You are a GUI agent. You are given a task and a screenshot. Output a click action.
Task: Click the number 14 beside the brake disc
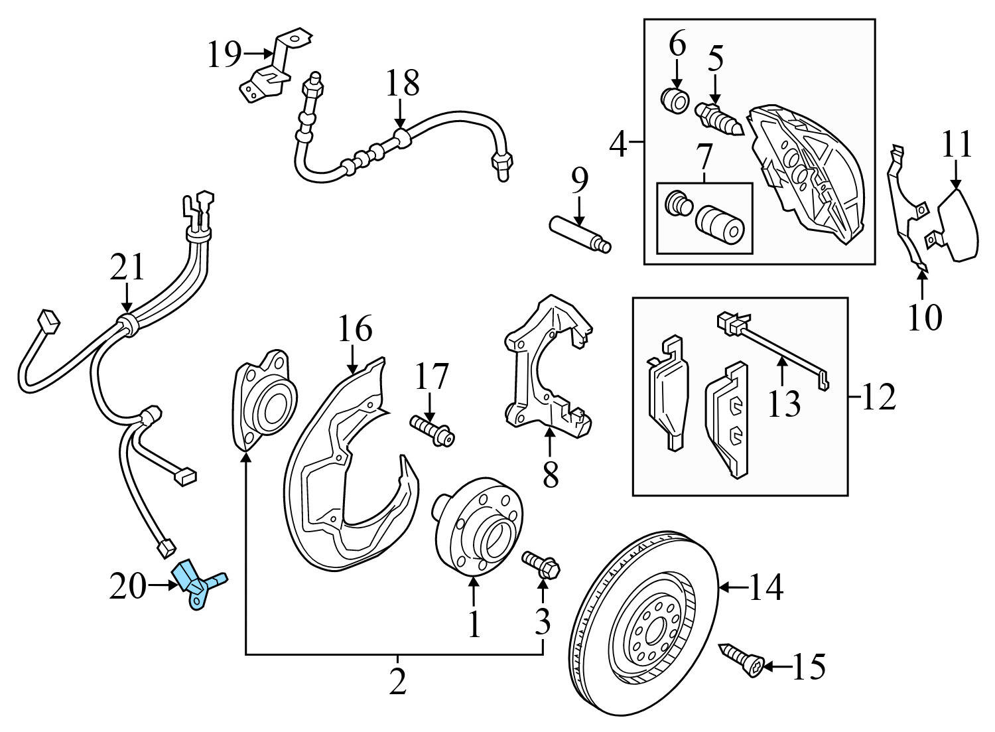point(767,587)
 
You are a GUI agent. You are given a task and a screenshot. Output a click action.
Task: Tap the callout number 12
point(880,397)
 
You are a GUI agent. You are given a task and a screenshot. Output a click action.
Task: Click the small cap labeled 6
point(675,101)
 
